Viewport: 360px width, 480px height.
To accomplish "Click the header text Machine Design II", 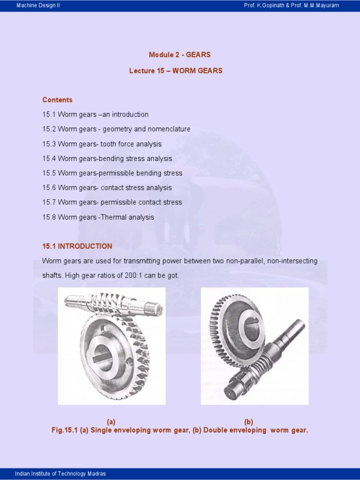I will [x=38, y=6].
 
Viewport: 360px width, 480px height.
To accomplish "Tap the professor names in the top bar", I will [x=291, y=6].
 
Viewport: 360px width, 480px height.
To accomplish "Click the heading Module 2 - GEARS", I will [x=180, y=54].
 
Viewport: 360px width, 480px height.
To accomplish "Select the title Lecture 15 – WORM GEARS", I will [x=176, y=71].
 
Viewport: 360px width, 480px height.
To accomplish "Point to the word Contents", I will [x=57, y=100].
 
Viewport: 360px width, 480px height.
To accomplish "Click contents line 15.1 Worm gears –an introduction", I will [x=95, y=114].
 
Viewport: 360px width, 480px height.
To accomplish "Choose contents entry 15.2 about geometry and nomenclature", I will [x=116, y=129].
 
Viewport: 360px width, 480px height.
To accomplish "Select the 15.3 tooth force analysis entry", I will [x=102, y=144].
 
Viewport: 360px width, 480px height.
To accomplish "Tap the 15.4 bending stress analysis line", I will [x=107, y=158].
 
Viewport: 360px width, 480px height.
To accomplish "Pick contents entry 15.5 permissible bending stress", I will [x=112, y=173].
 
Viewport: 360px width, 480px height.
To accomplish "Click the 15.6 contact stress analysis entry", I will [x=107, y=187].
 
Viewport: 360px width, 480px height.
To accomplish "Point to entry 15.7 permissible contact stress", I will [x=112, y=202].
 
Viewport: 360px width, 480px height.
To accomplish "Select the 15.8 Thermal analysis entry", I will [x=98, y=217].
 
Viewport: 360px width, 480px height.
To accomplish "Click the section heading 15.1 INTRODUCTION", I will [x=77, y=246].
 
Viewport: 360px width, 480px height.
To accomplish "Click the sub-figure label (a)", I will [x=111, y=422].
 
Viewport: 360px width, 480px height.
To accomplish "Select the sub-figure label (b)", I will [x=248, y=422].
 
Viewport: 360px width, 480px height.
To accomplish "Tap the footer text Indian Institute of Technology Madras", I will [x=60, y=473].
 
